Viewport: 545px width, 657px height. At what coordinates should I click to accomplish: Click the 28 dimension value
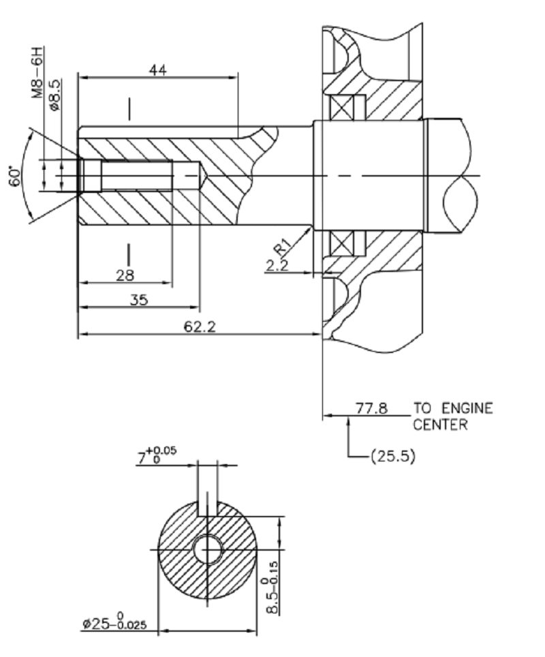(x=125, y=275)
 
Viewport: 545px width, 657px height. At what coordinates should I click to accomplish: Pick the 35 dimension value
(x=139, y=300)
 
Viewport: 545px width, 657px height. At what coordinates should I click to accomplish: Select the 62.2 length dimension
(x=199, y=326)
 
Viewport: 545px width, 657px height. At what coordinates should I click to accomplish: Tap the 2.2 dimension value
(x=277, y=266)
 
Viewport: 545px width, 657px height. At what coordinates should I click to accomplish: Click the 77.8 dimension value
(x=371, y=409)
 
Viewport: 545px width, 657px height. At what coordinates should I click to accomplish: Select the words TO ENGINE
(x=452, y=409)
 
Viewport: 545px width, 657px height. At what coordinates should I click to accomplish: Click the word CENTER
(x=439, y=425)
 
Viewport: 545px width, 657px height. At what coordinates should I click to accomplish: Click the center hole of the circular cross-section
(x=207, y=549)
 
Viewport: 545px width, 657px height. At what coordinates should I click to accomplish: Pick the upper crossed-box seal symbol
(x=340, y=107)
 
